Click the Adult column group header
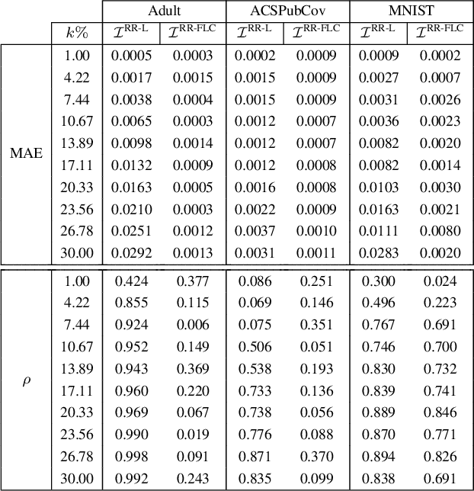click(x=165, y=11)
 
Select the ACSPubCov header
click(x=287, y=11)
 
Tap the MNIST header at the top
click(x=411, y=11)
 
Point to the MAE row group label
click(x=27, y=152)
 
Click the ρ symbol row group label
click(x=27, y=379)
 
